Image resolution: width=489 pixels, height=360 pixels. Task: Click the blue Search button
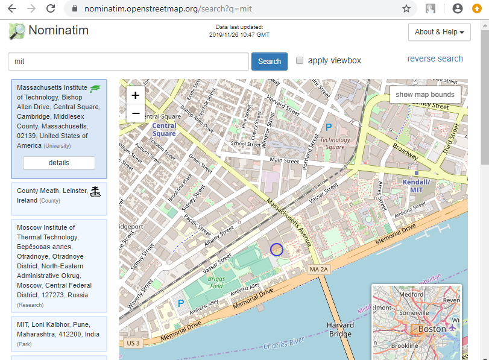point(269,62)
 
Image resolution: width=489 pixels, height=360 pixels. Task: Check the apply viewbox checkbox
point(300,61)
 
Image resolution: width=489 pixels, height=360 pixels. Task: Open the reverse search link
point(435,59)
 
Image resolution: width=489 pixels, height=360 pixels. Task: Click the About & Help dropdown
point(439,32)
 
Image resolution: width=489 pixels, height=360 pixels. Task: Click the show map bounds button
point(424,95)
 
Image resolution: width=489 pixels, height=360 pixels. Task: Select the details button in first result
point(58,163)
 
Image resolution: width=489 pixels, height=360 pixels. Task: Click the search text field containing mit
point(128,62)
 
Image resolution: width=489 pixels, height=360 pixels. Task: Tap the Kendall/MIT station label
point(415,185)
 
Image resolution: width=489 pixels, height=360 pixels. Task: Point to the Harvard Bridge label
point(341,330)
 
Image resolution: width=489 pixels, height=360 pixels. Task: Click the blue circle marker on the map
point(277,249)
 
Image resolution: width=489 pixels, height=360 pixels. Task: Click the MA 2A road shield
point(320,269)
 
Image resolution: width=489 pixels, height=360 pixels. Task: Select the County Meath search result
point(58,195)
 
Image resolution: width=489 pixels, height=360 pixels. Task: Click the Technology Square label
point(335,144)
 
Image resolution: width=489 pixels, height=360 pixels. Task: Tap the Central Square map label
point(164,130)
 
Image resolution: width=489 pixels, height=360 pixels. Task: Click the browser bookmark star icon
point(406,9)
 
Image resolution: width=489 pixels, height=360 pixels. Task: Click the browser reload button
point(51,9)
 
